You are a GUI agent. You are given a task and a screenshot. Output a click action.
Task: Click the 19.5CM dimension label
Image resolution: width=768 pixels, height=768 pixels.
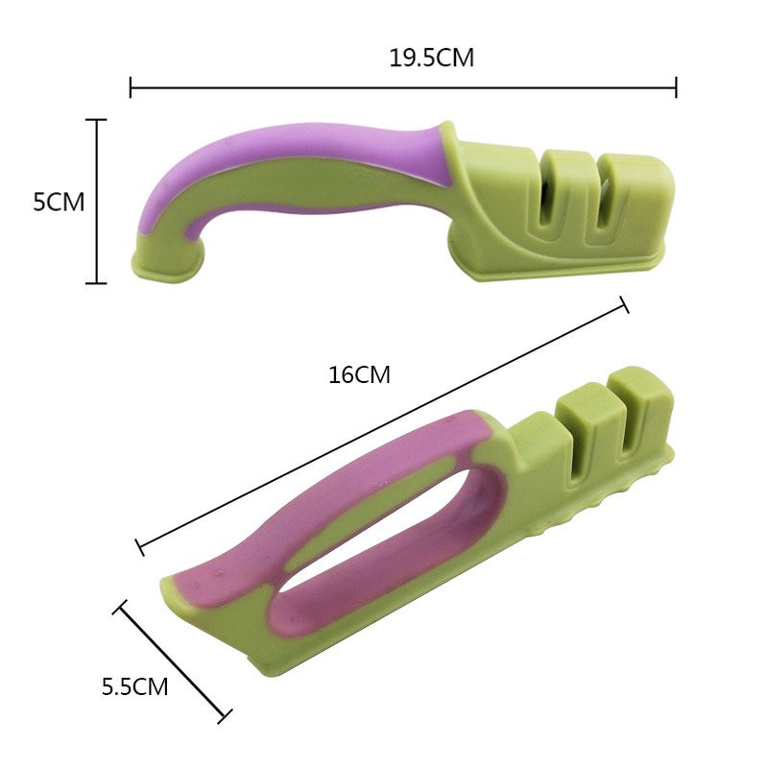431,58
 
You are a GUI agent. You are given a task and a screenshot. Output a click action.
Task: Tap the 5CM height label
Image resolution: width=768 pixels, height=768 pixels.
59,203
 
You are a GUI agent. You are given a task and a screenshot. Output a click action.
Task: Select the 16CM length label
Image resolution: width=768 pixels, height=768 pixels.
359,374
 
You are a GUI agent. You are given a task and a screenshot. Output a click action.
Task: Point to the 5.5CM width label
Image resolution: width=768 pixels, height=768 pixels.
135,686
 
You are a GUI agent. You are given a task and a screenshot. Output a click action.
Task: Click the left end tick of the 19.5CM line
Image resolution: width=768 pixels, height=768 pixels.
131,87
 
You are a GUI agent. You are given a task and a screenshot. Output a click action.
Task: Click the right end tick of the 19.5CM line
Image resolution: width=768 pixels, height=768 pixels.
676,87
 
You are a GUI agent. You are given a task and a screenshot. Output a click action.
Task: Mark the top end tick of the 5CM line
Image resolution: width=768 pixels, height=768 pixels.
96,120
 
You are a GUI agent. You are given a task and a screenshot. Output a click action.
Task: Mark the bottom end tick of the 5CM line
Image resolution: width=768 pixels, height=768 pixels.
96,282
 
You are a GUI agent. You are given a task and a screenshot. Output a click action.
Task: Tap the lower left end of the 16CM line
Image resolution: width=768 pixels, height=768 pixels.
140,548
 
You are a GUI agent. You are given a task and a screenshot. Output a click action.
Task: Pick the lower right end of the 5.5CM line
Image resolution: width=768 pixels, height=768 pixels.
226,715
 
